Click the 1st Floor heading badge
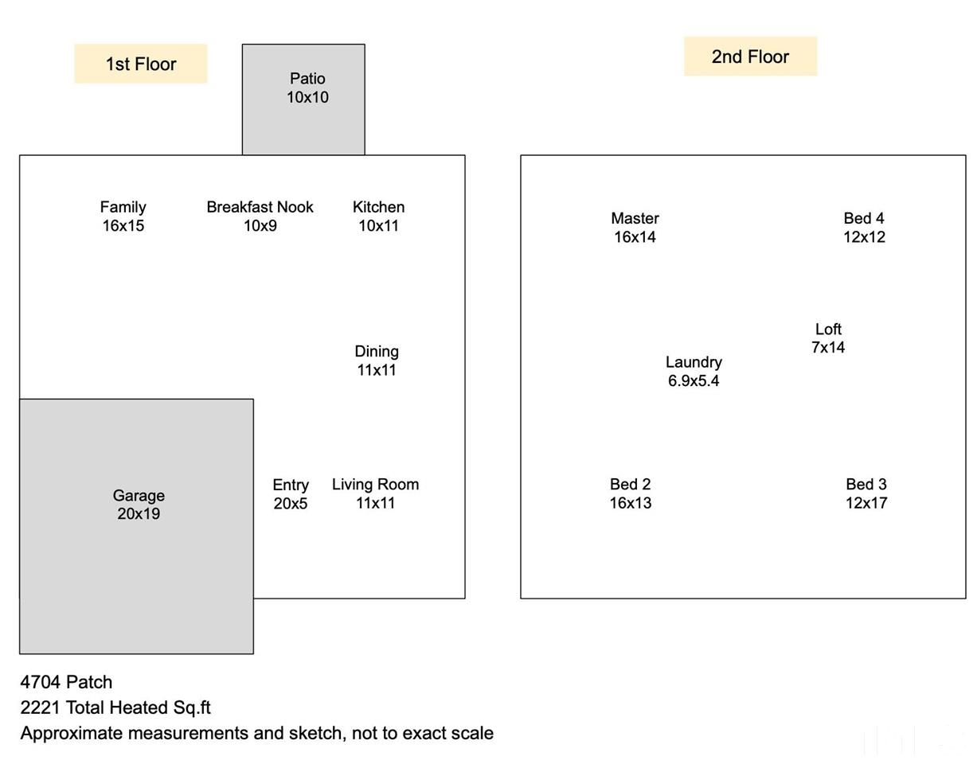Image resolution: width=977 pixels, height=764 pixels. coord(141,64)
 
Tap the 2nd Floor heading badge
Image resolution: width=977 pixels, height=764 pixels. coord(750,57)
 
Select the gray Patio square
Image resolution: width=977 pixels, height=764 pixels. coord(303,99)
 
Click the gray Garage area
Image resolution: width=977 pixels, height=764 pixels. coord(136,526)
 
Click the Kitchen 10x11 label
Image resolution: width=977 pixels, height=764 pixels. coord(378,216)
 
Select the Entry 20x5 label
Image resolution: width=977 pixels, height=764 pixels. coord(291,494)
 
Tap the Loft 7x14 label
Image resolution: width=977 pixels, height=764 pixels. coord(828,338)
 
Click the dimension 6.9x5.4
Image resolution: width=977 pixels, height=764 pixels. coord(694,381)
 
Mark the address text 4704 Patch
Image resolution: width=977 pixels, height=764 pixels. coord(66,682)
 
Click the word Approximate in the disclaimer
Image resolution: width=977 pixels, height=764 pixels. coord(72,734)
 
